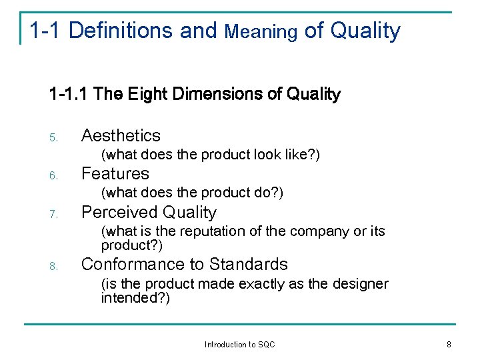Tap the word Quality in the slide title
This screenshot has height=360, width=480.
coord(365,31)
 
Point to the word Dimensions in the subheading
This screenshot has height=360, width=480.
coord(218,95)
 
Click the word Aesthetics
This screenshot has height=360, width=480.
coord(121,135)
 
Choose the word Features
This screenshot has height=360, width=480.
coord(115,174)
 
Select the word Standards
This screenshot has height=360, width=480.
coord(248,265)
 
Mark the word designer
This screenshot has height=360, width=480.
coord(360,284)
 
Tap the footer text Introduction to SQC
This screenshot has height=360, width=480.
coord(239,345)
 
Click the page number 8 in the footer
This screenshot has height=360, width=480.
coord(449,345)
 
